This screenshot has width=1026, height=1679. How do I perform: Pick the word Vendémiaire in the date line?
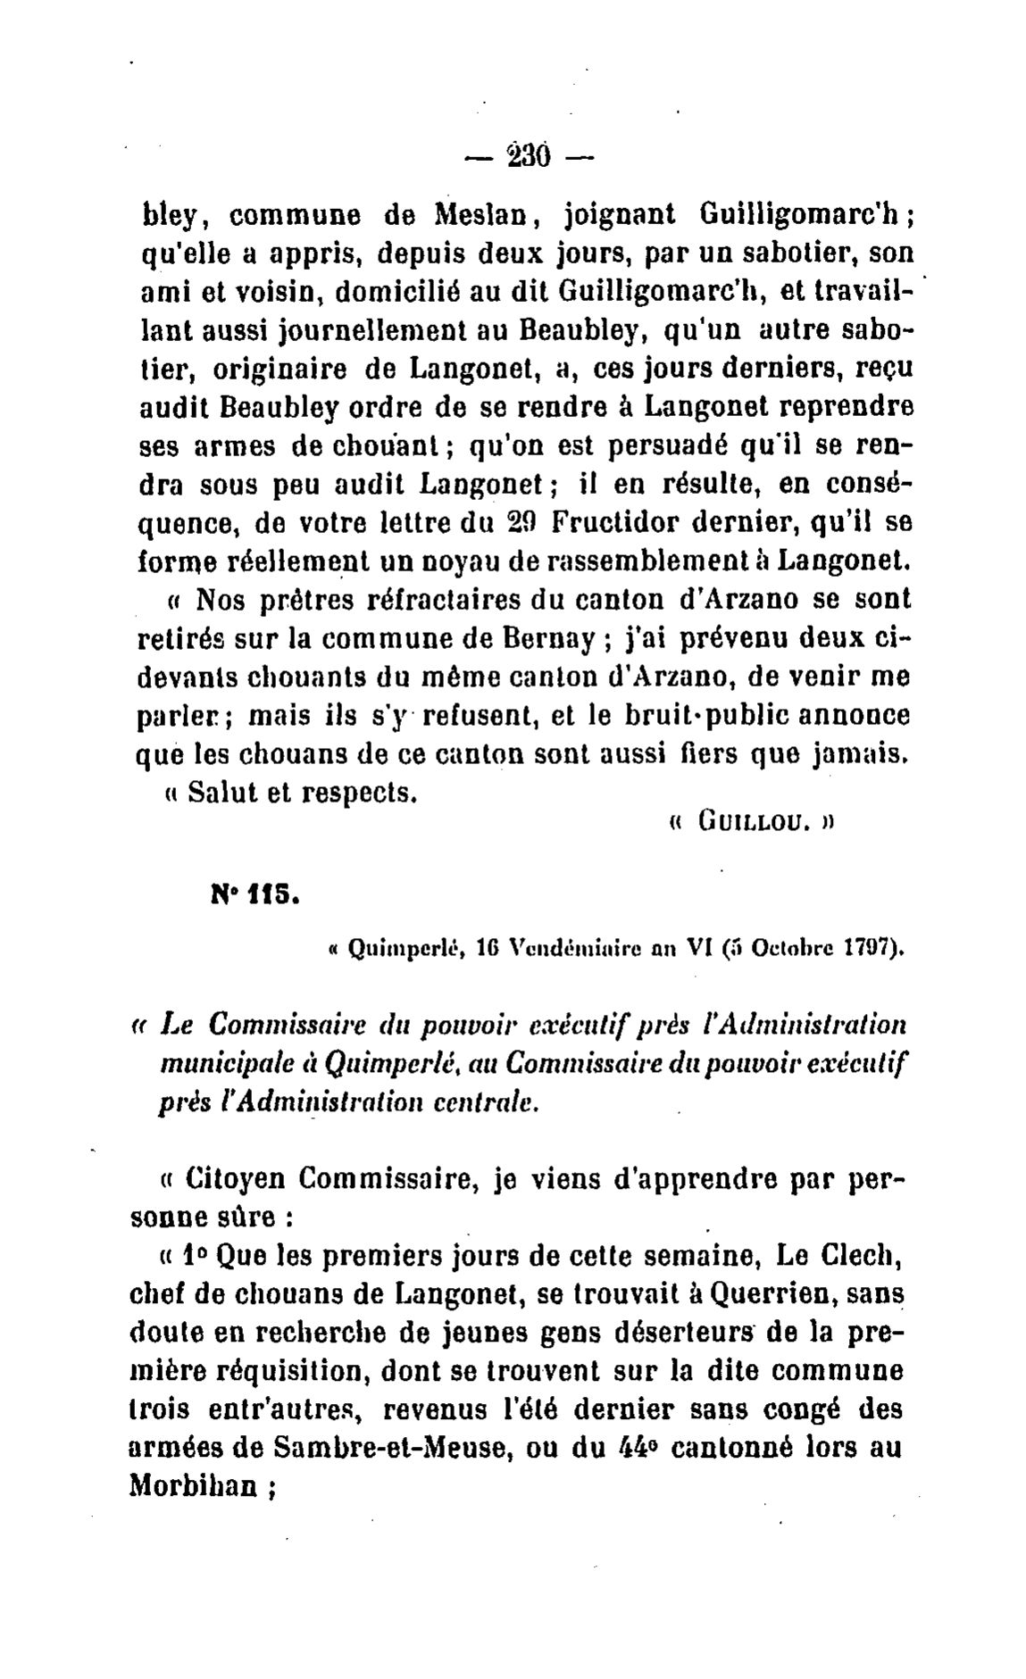570,947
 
